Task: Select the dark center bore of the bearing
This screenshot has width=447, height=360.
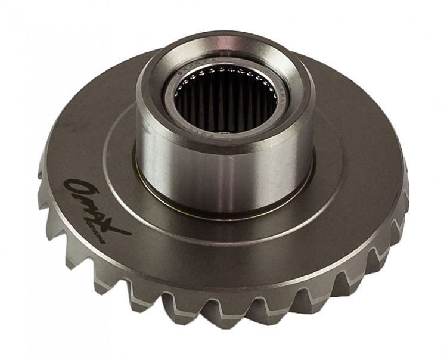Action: coord(229,104)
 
